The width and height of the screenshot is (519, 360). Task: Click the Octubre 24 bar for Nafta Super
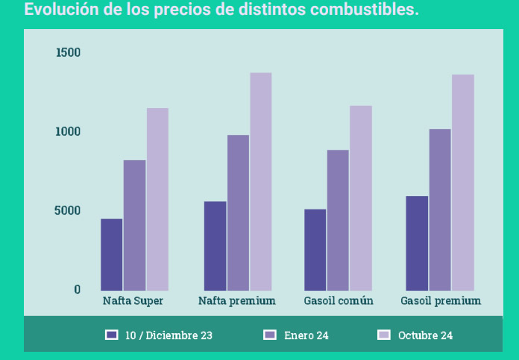(157, 199)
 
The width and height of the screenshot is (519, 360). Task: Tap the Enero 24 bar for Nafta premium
(238, 212)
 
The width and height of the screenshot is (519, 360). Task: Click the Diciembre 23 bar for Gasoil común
(315, 250)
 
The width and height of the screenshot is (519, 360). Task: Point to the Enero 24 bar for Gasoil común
(338, 220)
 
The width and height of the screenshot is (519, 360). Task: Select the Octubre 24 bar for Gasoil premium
(463, 182)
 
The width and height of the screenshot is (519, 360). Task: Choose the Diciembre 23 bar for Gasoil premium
(417, 243)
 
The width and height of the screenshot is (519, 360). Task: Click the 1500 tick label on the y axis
(68, 53)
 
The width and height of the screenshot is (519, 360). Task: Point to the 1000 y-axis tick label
(68, 132)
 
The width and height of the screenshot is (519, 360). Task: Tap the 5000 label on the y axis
(68, 211)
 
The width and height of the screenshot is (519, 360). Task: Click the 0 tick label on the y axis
(77, 290)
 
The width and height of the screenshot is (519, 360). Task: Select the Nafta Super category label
(133, 301)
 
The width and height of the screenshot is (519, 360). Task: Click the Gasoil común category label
(339, 301)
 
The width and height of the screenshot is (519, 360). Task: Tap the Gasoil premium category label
(441, 301)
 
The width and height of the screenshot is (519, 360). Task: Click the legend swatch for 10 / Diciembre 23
(112, 335)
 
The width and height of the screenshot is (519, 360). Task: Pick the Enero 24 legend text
(306, 335)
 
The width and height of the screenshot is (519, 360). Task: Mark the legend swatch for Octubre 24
(384, 335)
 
